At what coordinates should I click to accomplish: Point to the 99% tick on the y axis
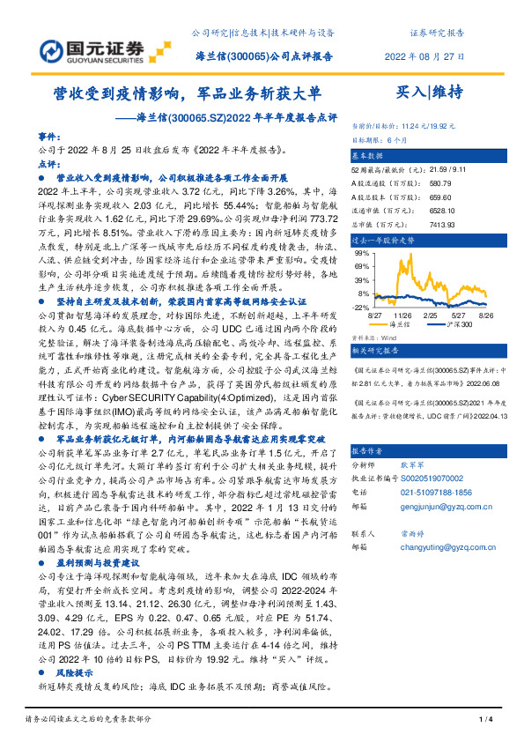click(363, 251)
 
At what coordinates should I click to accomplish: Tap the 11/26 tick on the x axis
click(404, 315)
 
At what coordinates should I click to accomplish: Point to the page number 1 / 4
click(483, 721)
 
